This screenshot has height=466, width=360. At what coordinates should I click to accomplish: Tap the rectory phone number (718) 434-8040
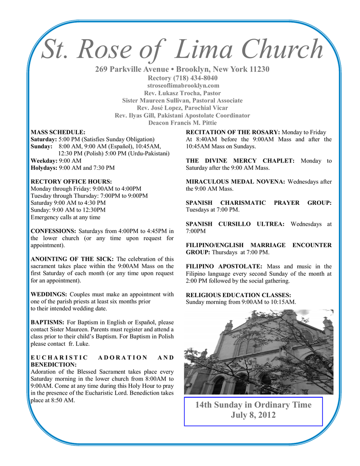[198, 78]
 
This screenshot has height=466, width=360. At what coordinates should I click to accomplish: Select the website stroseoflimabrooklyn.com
[183, 86]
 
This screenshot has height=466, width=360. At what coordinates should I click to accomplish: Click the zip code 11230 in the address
[259, 69]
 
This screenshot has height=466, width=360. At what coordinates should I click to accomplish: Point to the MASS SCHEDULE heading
[58, 132]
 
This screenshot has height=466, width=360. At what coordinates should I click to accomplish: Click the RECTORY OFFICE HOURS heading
[71, 181]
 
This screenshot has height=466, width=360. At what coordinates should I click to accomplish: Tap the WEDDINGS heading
[49, 294]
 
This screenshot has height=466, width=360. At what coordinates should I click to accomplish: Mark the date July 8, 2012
[253, 415]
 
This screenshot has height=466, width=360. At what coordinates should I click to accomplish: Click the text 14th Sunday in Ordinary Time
[253, 405]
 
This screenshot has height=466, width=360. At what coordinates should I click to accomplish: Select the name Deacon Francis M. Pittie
[183, 123]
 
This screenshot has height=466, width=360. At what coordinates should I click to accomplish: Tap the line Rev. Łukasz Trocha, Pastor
[183, 93]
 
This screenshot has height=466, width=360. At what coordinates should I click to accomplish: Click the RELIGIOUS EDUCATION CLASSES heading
[238, 294]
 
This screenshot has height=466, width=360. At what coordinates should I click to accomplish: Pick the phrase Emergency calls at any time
[65, 217]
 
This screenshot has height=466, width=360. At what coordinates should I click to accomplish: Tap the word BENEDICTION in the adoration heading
[53, 365]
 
